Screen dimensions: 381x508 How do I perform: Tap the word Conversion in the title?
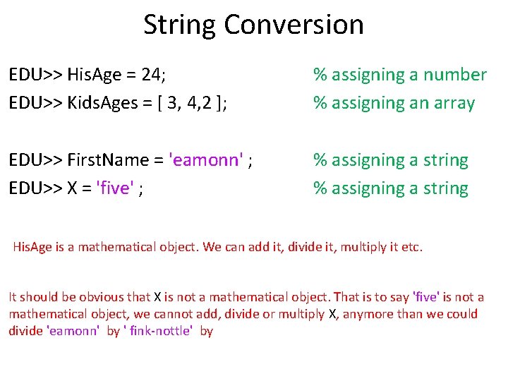(294, 25)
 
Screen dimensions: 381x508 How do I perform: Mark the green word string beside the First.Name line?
(444, 160)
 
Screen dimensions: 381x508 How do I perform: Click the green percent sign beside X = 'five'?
(320, 188)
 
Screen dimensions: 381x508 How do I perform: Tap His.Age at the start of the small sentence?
(32, 247)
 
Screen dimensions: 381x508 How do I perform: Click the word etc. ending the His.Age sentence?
(412, 247)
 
